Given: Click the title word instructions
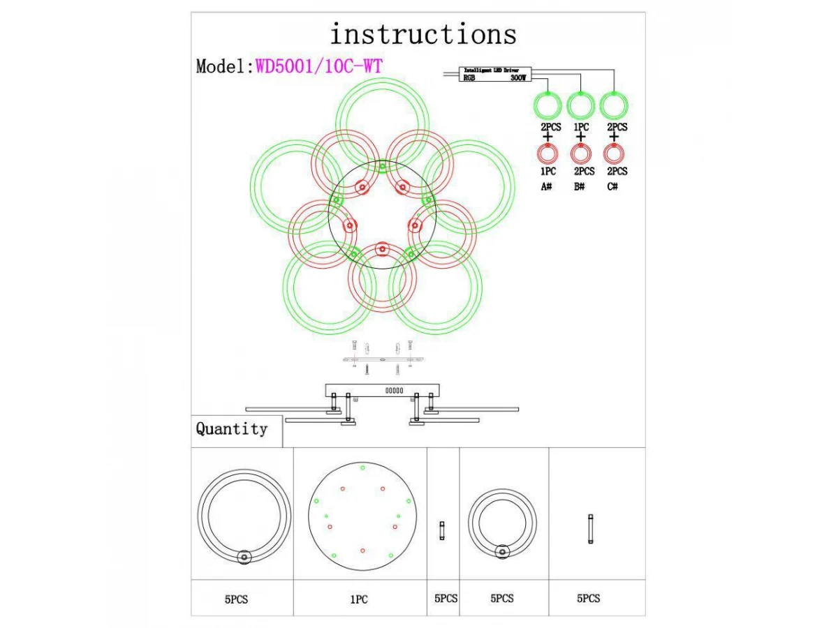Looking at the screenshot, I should (423, 33).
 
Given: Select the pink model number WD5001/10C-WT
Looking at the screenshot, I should (319, 66).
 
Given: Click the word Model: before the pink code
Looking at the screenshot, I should (224, 66).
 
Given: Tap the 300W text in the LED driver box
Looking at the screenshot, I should (517, 79).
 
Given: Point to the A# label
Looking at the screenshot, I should (547, 187).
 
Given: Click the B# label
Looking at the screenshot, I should (580, 187).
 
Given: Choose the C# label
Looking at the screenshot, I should (613, 187).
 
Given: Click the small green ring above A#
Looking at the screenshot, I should (547, 106).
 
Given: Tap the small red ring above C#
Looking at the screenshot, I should (613, 154).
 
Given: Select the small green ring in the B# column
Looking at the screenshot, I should (580, 106).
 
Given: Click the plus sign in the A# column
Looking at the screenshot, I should (547, 137).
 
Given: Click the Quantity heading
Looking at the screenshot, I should (231, 429).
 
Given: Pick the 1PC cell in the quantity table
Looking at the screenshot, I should (359, 599).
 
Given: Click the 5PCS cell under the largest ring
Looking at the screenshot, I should (236, 599).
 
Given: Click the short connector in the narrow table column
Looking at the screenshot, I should (441, 530).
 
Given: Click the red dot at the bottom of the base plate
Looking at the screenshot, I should (362, 551).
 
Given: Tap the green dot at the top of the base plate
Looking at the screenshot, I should (362, 467).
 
